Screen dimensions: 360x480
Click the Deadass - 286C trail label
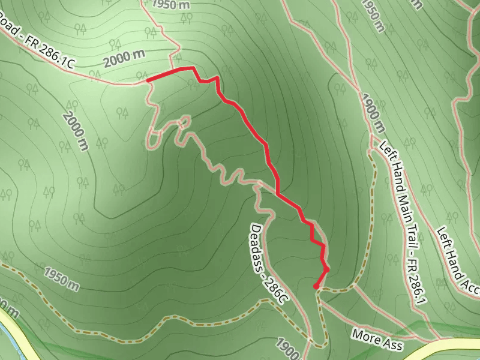click(268, 263)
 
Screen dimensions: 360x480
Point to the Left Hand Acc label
click(460, 262)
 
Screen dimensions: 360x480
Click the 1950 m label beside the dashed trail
click(61, 279)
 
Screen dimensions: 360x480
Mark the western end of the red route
click(148, 79)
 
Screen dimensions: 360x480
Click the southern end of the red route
click(316, 287)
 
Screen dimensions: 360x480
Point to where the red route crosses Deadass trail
click(278, 192)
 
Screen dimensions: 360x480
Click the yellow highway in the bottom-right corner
click(456, 346)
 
